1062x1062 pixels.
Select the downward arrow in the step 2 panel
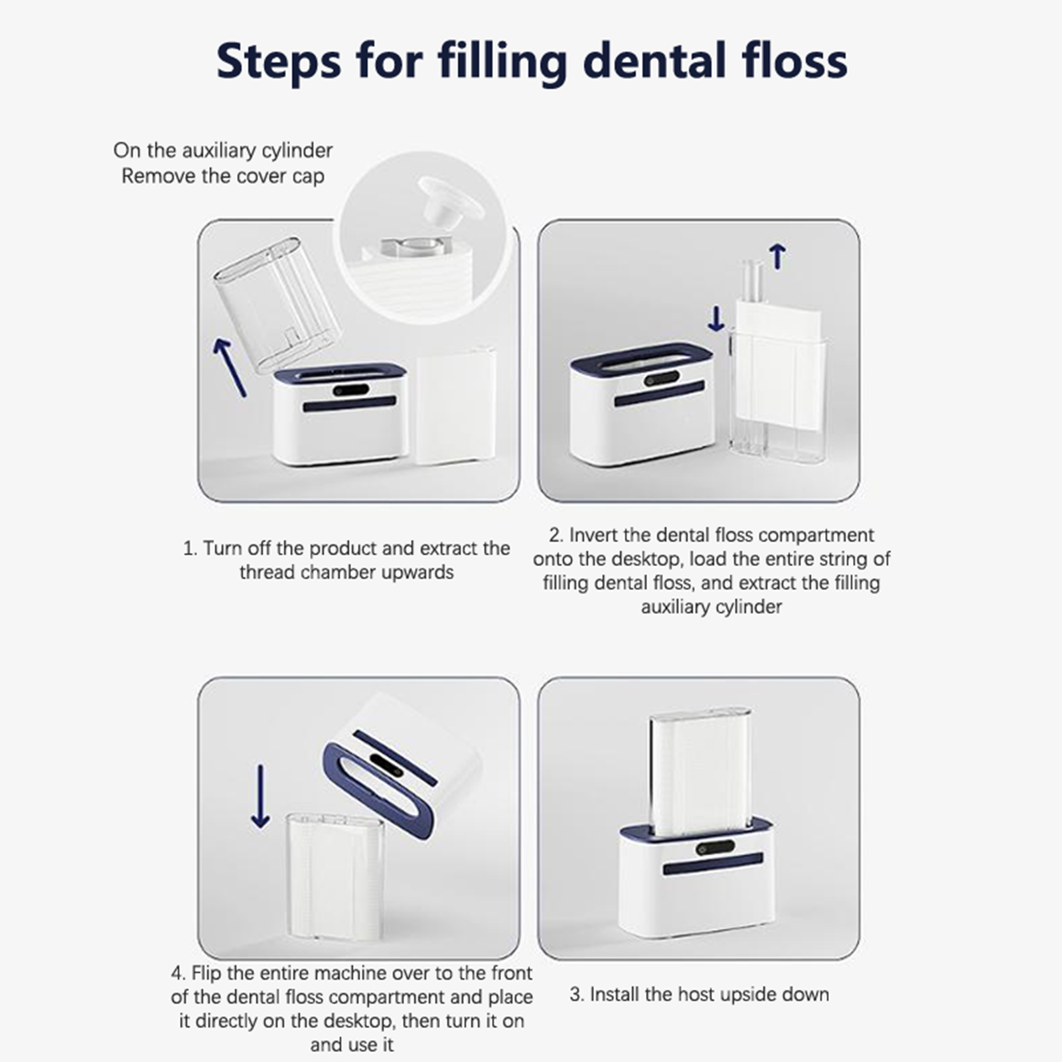(716, 318)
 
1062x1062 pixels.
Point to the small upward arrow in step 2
(777, 256)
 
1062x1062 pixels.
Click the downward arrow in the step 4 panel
(260, 796)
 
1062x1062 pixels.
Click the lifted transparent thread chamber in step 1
(277, 303)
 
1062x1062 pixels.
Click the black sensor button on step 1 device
(351, 390)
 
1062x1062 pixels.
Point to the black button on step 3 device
(715, 848)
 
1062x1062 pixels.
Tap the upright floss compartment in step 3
(700, 770)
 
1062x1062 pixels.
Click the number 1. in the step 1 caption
(190, 549)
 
